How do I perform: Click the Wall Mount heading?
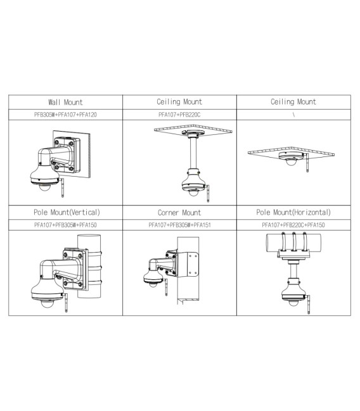[x=65, y=101]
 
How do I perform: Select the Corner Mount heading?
[x=179, y=213]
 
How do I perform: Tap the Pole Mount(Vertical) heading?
[x=65, y=212]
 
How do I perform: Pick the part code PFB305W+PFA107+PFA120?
[x=65, y=115]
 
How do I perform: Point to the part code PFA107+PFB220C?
[x=179, y=115]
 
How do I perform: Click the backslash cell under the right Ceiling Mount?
[x=293, y=115]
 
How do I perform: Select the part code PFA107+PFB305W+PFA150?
[x=65, y=225]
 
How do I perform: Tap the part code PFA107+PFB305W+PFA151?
[x=179, y=225]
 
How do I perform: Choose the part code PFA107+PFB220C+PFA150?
[x=293, y=225]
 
